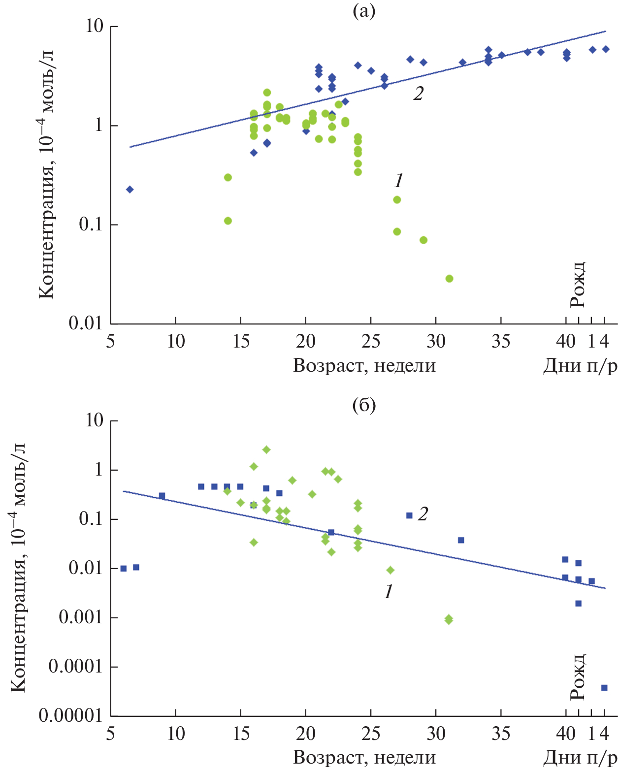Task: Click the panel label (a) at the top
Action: [364, 11]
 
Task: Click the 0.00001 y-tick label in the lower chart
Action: [71, 716]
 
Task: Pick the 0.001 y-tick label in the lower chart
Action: [81, 617]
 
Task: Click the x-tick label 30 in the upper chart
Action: [435, 341]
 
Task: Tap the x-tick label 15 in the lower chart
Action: [240, 734]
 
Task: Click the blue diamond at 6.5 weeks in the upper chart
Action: [130, 190]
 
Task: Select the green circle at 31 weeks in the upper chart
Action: [449, 279]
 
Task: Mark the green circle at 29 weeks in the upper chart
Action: [423, 240]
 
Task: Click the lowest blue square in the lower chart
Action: [604, 688]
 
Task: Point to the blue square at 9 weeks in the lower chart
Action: [162, 496]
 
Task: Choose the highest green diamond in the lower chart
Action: [266, 449]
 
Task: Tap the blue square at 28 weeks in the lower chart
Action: [409, 515]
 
